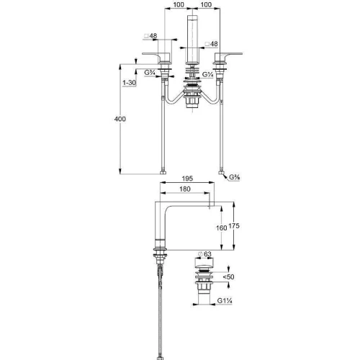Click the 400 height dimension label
pos(120,119)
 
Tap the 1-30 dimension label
pos(129,83)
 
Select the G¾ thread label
pos(150,72)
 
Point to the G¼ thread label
pos(208,75)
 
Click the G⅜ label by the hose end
pos(235,177)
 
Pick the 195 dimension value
pos(187,179)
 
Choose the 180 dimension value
pos(185,189)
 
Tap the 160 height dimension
pos(221,228)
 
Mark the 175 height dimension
pos(234,226)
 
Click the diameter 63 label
pos(204,254)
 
